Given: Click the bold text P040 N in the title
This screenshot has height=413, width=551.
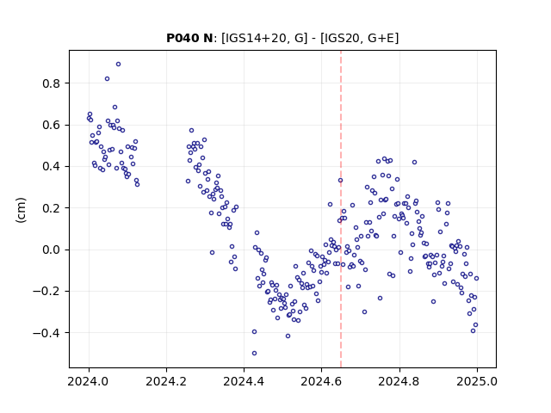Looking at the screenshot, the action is (189, 38).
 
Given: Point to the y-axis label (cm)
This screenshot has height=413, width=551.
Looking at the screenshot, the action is (21, 210).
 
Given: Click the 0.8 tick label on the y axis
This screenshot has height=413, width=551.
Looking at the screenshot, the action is (52, 83).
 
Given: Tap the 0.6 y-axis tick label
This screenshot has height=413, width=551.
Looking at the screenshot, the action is (52, 125).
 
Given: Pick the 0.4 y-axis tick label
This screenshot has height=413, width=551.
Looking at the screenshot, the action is (52, 166).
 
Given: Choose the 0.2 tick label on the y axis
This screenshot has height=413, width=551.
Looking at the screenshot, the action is (52, 208).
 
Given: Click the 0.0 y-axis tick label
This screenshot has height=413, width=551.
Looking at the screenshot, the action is (52, 250).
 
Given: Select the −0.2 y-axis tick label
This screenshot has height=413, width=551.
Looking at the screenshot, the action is (46, 291).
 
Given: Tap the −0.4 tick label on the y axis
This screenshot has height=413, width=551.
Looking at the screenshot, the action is (46, 333).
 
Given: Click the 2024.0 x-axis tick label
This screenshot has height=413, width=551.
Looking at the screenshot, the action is (89, 381).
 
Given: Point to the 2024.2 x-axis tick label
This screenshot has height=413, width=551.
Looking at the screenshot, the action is (166, 381).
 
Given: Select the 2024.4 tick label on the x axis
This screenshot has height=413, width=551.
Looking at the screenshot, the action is (244, 381).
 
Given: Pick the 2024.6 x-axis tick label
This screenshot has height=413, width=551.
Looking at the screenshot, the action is (321, 381).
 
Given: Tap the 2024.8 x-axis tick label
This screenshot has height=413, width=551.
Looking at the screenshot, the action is (399, 381).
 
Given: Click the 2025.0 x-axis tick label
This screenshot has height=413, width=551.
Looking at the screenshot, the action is (477, 381).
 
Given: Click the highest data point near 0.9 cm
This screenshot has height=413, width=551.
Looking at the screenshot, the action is (119, 65).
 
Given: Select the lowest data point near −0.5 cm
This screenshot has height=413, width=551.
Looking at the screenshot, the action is (255, 354).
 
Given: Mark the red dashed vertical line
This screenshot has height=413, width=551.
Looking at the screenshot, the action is (341, 209).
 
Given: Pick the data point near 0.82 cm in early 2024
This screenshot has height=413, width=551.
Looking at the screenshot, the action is (107, 78).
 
